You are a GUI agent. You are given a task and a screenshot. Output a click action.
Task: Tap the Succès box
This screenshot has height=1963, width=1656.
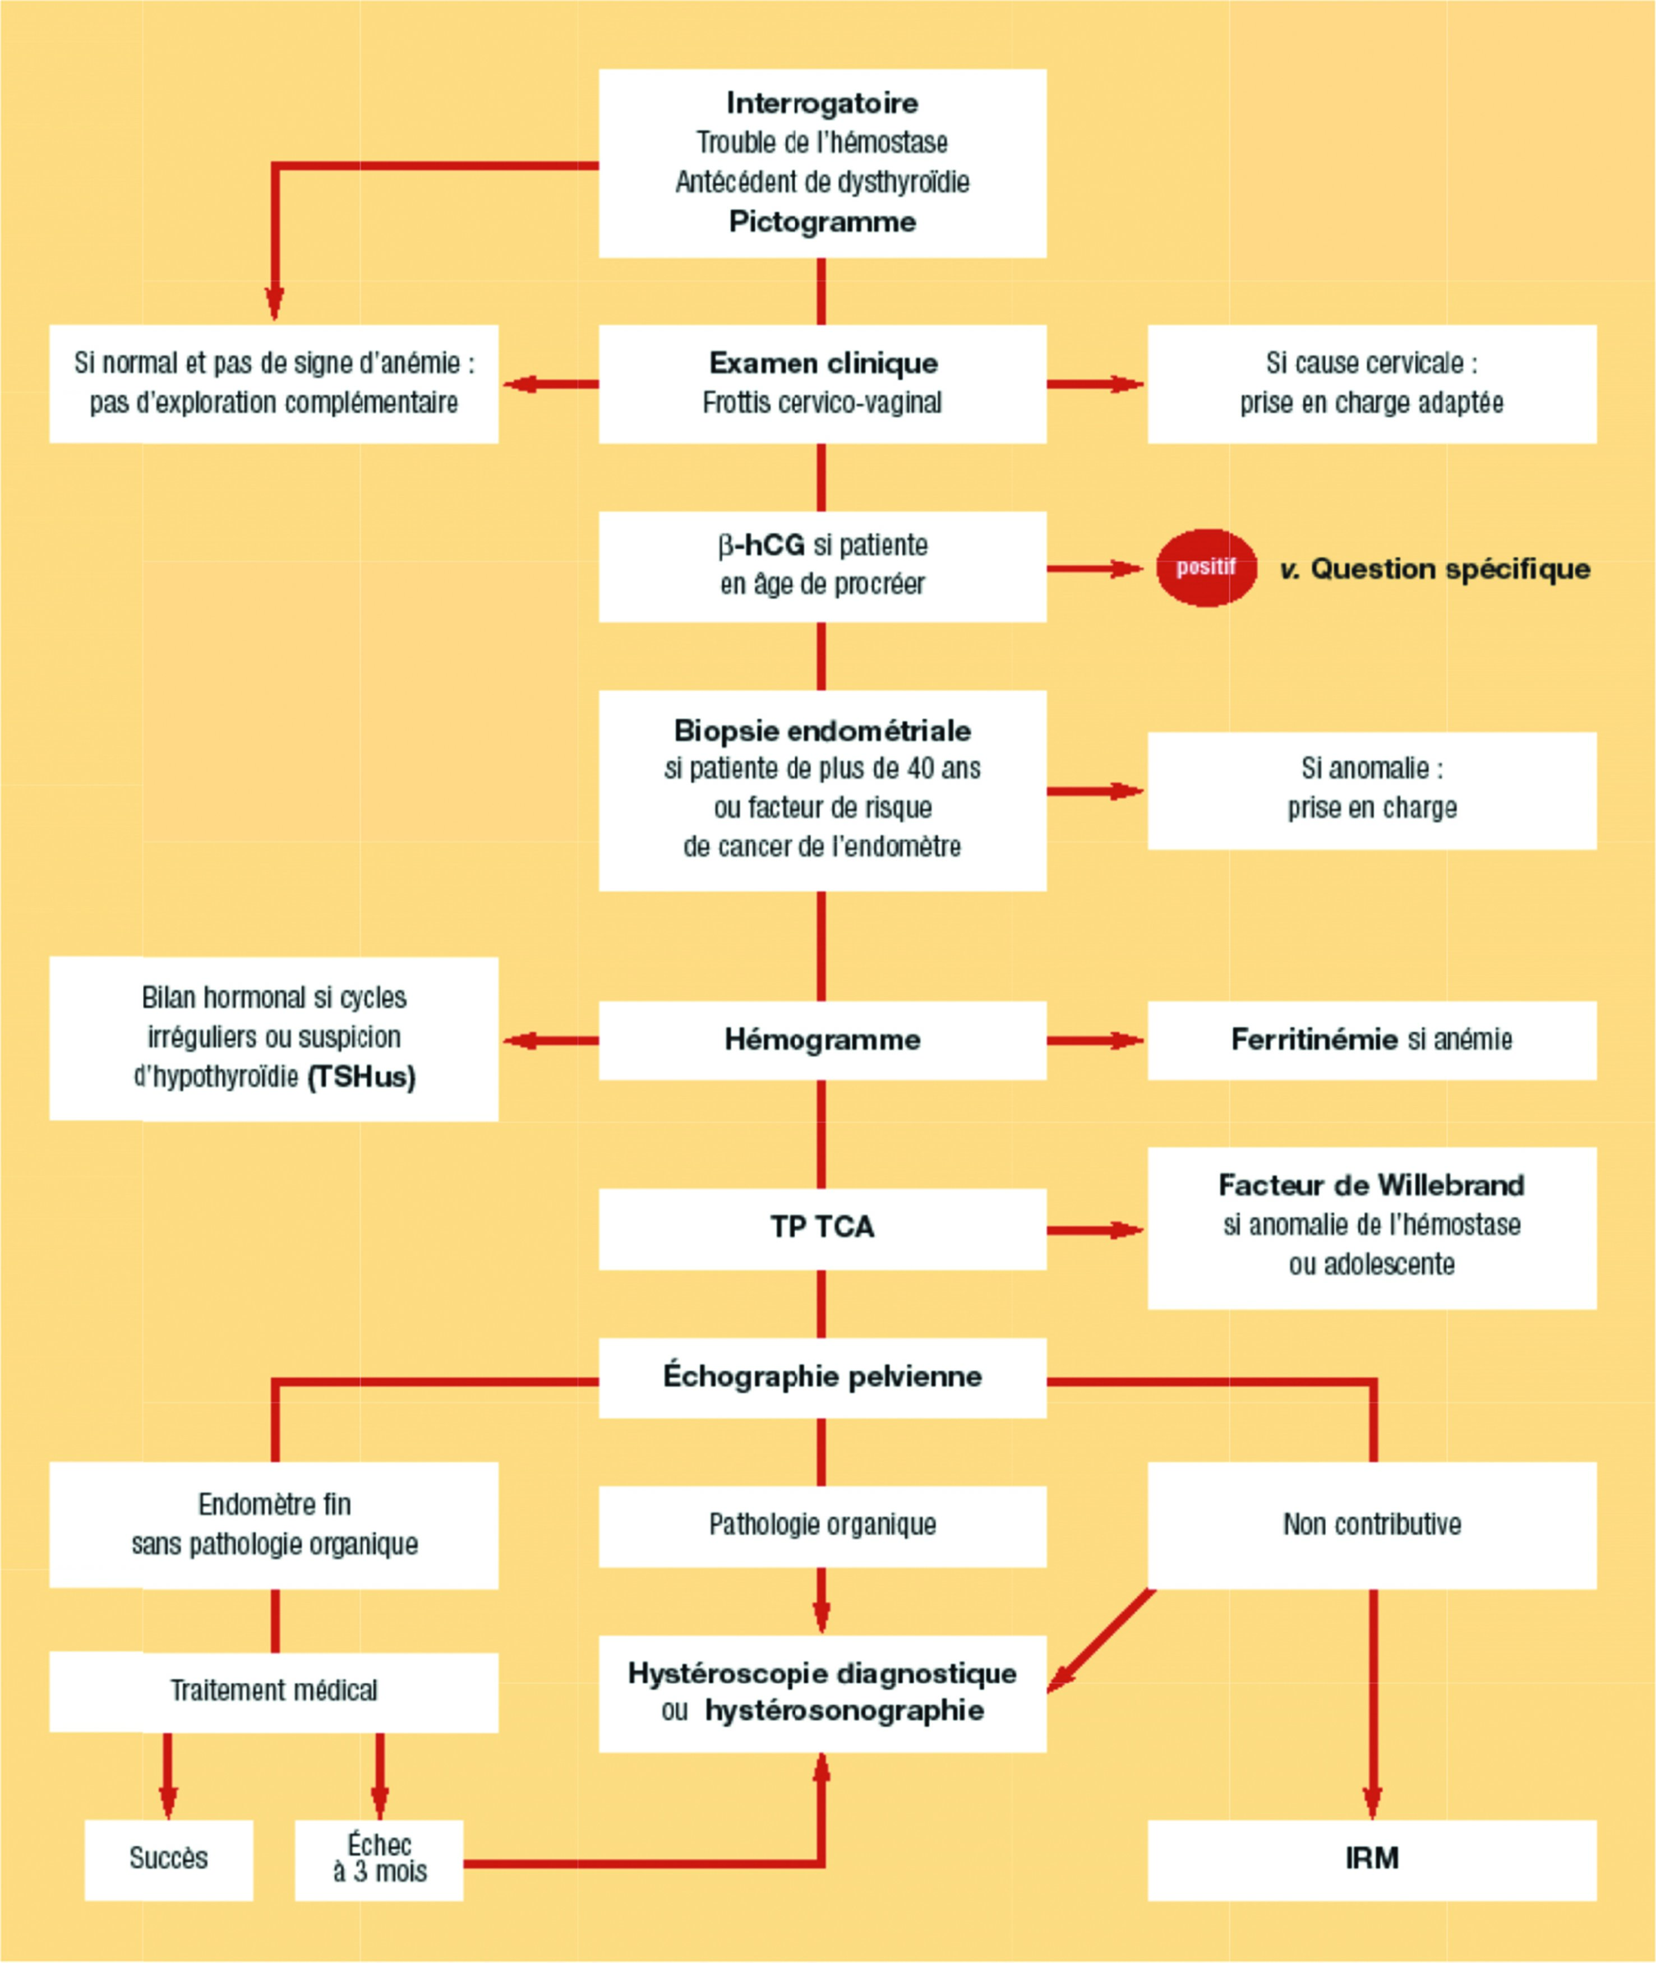[x=169, y=1858]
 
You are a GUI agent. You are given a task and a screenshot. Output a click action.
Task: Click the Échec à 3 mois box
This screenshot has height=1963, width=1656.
[x=379, y=1858]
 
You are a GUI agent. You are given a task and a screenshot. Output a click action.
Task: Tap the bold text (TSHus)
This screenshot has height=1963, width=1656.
[x=362, y=1077]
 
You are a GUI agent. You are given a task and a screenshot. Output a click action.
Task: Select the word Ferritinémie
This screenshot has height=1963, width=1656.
[x=1314, y=1039]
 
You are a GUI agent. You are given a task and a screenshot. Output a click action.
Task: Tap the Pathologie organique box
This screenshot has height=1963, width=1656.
[x=822, y=1525]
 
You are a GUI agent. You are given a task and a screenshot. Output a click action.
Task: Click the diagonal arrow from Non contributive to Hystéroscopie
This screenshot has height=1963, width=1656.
[x=1100, y=1641]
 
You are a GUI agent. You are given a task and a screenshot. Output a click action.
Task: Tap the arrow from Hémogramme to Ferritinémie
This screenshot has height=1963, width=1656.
[x=1094, y=1040]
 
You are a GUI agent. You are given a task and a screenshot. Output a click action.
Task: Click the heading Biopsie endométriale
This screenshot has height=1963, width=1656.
[x=822, y=731]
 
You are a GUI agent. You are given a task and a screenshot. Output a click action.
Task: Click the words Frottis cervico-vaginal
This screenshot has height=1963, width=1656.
[x=822, y=403]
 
